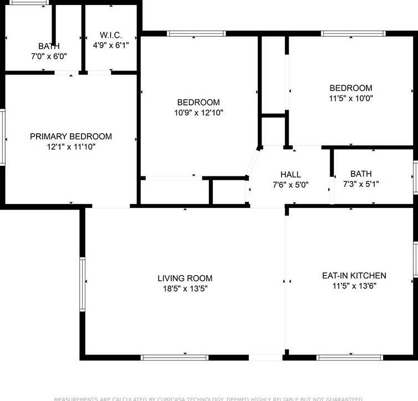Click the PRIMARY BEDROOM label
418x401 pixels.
[71, 136]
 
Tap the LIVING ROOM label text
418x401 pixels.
[185, 278]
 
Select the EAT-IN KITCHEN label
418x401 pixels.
[354, 276]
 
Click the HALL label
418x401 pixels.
[290, 175]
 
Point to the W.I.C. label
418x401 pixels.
[110, 34]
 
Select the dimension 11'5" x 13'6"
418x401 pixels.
[354, 286]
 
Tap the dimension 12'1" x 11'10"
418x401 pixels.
[71, 147]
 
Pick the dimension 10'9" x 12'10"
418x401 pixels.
[198, 113]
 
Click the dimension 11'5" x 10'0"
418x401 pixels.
[350, 98]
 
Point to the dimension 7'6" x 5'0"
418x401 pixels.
[290, 185]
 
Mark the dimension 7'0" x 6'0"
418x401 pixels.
[49, 56]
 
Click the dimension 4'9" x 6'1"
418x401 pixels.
[110, 44]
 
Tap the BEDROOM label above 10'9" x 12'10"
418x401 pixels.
[198, 103]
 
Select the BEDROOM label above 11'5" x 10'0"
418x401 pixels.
[350, 88]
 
